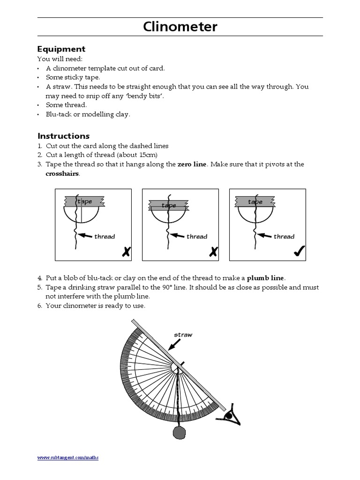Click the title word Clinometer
(180, 27)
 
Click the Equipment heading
(61, 49)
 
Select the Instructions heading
(63, 136)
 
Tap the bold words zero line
(192, 164)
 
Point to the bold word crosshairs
(62, 173)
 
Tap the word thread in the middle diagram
(197, 237)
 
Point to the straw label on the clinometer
(183, 335)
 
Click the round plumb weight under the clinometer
(180, 432)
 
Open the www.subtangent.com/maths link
(68, 457)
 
